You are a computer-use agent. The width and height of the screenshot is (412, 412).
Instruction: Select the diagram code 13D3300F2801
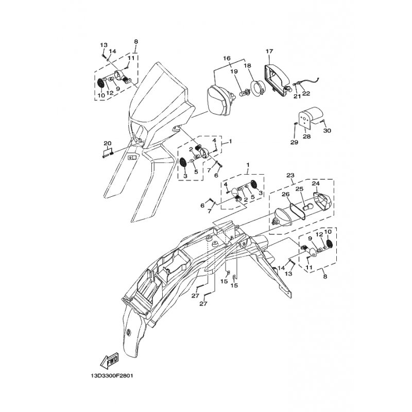point(112,376)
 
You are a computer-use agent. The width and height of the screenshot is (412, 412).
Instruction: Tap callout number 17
point(269,51)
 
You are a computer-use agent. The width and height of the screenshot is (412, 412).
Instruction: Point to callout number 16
point(227,58)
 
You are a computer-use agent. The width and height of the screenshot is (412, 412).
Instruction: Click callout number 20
point(108,144)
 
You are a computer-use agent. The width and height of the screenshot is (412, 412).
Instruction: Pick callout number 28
point(306,136)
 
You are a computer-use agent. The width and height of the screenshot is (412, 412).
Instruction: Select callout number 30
point(327,131)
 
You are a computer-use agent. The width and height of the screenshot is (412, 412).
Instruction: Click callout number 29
point(294,143)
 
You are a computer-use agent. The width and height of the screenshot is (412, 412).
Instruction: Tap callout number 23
point(290,175)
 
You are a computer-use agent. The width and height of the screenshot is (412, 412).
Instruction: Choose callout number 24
point(316,184)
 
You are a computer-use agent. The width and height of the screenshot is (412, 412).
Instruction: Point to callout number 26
point(286,194)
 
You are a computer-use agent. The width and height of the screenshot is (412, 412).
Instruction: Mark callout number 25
point(300,189)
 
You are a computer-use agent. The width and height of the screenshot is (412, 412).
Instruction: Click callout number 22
point(306,94)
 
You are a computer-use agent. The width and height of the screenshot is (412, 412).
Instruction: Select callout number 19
point(234,72)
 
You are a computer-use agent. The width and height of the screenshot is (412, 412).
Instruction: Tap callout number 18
point(248,65)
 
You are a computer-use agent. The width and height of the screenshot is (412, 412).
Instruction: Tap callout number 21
point(297,97)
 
